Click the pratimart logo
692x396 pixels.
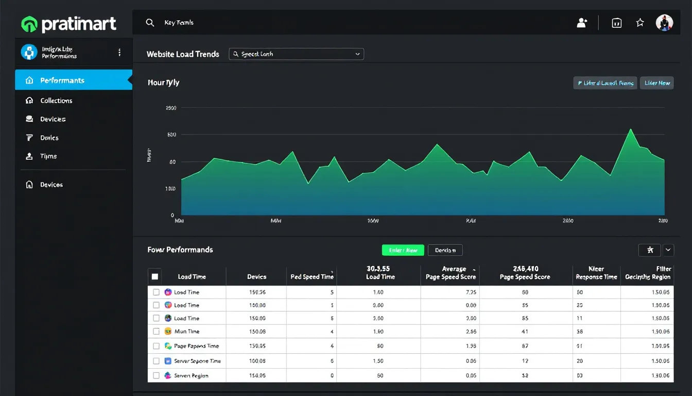click(x=68, y=24)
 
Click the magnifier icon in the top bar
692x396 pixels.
click(x=150, y=23)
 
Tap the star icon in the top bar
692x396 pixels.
click(x=639, y=23)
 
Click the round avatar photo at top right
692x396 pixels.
click(x=664, y=23)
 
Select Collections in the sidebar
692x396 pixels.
click(x=56, y=101)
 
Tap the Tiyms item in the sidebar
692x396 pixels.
click(x=48, y=156)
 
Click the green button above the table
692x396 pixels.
click(x=403, y=250)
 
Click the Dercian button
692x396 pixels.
click(x=445, y=250)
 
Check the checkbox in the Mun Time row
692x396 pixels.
click(x=156, y=332)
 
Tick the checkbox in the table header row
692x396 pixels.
click(x=155, y=276)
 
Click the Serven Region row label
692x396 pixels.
click(x=191, y=376)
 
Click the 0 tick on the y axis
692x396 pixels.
click(x=172, y=215)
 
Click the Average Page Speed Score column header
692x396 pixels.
click(x=451, y=273)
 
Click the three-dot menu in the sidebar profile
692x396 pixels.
click(x=119, y=52)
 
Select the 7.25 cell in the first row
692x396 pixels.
click(x=471, y=292)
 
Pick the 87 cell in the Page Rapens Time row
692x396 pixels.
click(x=525, y=346)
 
